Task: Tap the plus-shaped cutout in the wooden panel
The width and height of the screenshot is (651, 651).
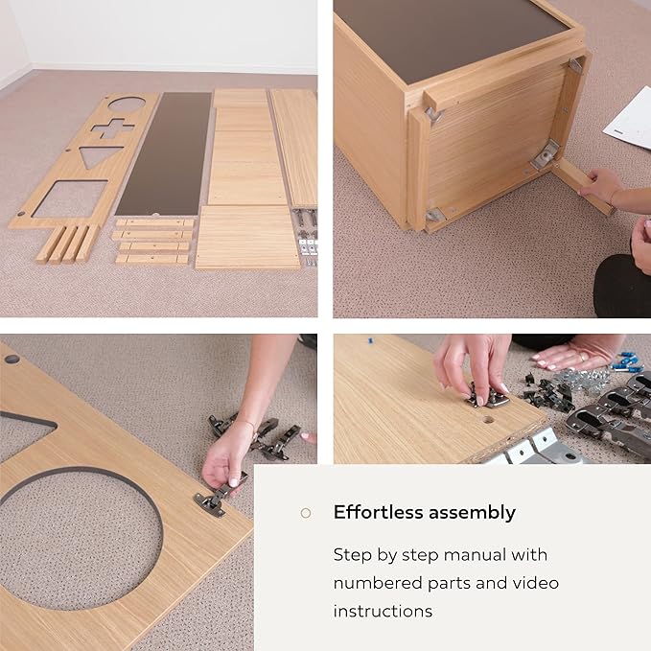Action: tap(112, 128)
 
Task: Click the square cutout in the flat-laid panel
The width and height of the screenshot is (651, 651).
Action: tap(71, 198)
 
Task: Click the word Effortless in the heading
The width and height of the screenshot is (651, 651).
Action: tap(378, 512)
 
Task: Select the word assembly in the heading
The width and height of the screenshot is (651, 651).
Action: tap(472, 513)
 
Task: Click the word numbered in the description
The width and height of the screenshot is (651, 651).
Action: tap(378, 583)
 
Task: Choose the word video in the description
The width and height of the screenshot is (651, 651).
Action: tap(536, 583)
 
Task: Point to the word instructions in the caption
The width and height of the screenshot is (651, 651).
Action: tap(383, 611)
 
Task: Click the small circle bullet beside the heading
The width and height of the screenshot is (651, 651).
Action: tap(306, 513)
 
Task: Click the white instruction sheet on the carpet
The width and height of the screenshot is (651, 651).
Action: tap(629, 119)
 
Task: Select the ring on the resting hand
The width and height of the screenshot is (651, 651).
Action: tap(583, 357)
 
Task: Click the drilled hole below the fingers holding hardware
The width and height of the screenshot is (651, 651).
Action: tap(488, 420)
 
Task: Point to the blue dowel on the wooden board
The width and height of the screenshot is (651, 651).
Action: tap(371, 341)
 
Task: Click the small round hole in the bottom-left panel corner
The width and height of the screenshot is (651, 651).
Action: tap(12, 359)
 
